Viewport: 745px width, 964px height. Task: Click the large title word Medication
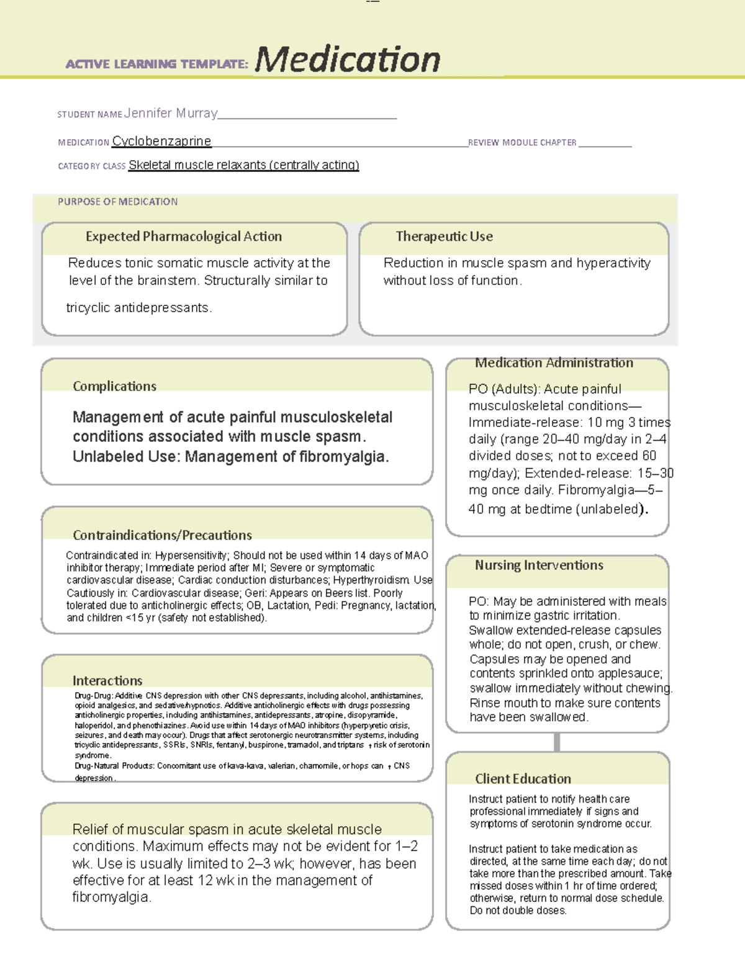click(x=347, y=60)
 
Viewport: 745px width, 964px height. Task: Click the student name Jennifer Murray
click(x=171, y=113)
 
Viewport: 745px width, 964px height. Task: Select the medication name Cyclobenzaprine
click(x=161, y=141)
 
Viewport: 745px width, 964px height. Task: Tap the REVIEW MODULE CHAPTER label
click(x=522, y=143)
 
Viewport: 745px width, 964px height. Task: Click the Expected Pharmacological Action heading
click(x=184, y=236)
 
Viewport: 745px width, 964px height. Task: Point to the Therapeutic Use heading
click(x=445, y=236)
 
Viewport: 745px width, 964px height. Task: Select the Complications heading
click(x=114, y=386)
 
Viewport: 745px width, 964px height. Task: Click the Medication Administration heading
click(x=554, y=363)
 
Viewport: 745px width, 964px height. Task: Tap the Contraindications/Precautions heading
click(x=162, y=535)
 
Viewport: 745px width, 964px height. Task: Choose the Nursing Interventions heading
click(x=539, y=565)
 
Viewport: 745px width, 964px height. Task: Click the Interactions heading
click(x=107, y=680)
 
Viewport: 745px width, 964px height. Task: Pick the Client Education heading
click(x=523, y=778)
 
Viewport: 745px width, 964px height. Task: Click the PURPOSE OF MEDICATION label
click(x=117, y=202)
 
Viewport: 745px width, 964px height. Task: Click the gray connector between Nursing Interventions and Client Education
click(x=557, y=742)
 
